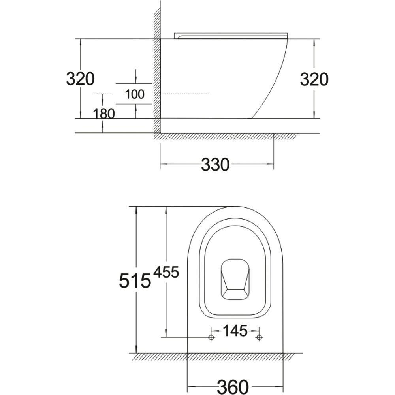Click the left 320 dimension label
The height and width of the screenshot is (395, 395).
pos(80,79)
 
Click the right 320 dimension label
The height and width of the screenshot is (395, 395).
pos(314,79)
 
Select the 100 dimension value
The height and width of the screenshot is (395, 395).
pos(135,94)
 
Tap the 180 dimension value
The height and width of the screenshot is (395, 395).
pos(104,114)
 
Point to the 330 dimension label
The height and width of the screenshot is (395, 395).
pos(215,165)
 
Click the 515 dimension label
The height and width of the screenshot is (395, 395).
pos(135,280)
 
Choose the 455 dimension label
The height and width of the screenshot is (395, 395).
pos(166,272)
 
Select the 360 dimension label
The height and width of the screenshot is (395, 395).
pos(233,386)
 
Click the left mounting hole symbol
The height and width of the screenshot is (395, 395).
pos(211,337)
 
